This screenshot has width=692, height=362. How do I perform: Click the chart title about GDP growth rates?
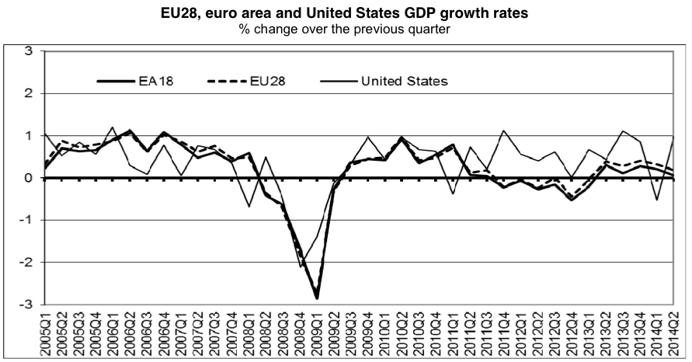pyautogui.click(x=346, y=12)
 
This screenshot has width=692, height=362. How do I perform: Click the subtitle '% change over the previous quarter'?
pyautogui.click(x=346, y=29)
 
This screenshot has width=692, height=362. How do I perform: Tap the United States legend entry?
pyautogui.click(x=404, y=80)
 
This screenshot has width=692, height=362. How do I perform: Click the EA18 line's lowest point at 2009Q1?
pyautogui.click(x=317, y=298)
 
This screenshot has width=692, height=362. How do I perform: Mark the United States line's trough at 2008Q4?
pyautogui.click(x=300, y=266)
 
